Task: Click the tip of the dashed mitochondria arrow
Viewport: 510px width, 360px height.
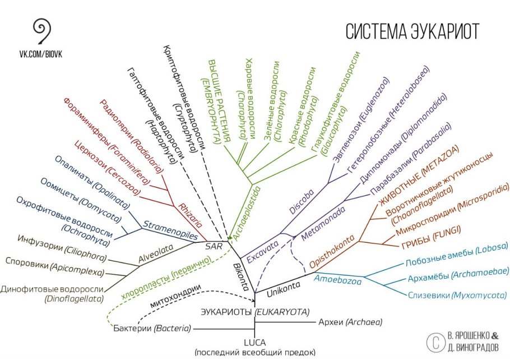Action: [x=254, y=301]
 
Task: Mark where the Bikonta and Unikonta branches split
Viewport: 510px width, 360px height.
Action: [x=255, y=293]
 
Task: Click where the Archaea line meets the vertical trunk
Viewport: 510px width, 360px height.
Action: [x=255, y=322]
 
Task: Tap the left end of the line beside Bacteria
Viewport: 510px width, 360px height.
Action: [x=194, y=329]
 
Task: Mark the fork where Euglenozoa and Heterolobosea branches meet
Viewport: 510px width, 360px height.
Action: [x=328, y=183]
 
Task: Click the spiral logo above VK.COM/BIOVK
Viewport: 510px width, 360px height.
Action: [x=42, y=31]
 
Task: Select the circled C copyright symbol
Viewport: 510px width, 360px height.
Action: [x=435, y=342]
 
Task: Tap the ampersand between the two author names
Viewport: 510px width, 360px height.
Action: [x=494, y=335]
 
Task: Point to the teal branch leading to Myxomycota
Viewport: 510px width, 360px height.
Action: [x=396, y=290]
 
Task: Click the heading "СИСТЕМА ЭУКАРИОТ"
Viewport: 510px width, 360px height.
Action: [x=412, y=31]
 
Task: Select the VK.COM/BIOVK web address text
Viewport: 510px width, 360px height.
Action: [x=41, y=54]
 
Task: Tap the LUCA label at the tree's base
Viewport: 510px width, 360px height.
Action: [x=254, y=343]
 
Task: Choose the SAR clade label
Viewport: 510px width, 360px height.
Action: [x=214, y=246]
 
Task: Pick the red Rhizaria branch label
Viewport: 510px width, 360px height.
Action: [x=190, y=215]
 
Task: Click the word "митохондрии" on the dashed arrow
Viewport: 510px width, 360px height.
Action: [x=175, y=296]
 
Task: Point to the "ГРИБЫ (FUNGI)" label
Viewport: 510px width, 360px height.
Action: [x=432, y=237]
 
